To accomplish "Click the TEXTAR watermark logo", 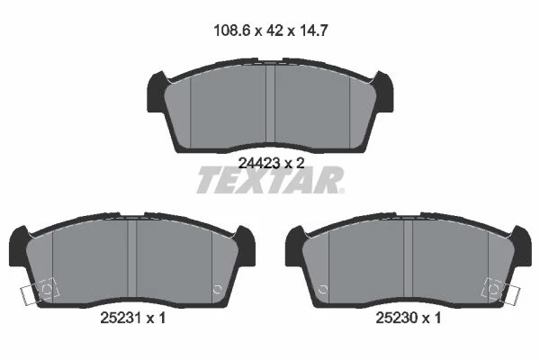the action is [270, 180].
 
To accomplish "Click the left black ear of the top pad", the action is [156, 92].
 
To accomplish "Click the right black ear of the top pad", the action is [384, 92].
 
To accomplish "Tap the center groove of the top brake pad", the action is [270, 104].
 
